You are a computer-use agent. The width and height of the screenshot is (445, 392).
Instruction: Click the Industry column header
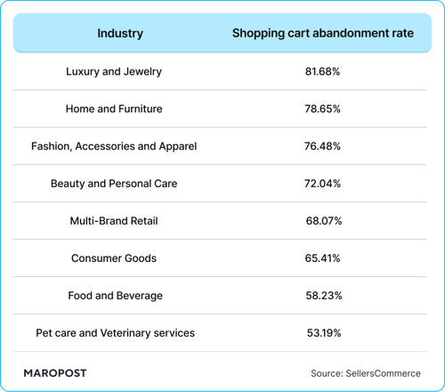(120, 34)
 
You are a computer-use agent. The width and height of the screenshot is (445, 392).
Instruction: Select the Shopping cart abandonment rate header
(322, 34)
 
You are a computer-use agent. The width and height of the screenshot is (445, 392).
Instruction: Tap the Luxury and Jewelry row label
(114, 71)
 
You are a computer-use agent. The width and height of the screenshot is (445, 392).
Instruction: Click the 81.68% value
(322, 71)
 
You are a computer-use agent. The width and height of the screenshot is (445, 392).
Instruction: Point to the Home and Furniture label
(114, 109)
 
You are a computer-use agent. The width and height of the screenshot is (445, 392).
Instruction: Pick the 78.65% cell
(322, 109)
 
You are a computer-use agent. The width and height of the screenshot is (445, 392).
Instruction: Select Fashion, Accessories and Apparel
(114, 146)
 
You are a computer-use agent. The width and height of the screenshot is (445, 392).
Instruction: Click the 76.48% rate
(322, 146)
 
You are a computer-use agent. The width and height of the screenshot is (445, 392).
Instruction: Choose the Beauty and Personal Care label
(114, 184)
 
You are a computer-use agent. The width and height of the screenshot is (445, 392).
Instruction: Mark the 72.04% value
(322, 184)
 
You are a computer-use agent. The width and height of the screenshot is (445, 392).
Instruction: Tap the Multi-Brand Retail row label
(114, 221)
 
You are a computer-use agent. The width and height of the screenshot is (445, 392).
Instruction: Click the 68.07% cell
(322, 221)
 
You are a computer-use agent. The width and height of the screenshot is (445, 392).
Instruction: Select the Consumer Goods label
(114, 258)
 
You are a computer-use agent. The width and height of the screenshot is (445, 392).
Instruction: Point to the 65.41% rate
(322, 258)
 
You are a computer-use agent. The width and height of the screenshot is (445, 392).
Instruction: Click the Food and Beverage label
(114, 296)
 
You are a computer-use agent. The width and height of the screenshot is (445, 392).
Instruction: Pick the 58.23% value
(322, 296)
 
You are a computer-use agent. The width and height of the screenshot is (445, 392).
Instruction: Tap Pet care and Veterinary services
(115, 333)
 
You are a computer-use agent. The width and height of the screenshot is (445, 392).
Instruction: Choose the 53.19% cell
(322, 333)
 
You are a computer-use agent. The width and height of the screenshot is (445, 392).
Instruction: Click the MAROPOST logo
(55, 372)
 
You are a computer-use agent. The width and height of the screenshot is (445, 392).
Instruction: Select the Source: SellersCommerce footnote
(365, 373)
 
